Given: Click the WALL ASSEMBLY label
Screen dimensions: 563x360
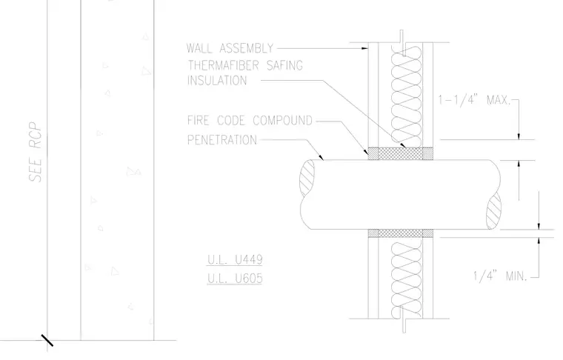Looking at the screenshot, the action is (x=230, y=48).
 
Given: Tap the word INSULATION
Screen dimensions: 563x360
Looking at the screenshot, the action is (x=217, y=81).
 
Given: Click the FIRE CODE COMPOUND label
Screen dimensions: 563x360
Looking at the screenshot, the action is (x=250, y=120).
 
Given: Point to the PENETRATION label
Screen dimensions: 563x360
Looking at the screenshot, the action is (x=222, y=139).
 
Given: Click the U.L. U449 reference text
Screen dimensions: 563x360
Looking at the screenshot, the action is (x=235, y=259).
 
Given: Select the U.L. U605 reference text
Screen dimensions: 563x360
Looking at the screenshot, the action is (x=235, y=279).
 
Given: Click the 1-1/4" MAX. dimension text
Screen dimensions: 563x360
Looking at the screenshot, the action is (x=474, y=99).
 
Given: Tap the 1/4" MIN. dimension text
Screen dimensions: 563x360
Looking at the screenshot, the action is (x=500, y=276).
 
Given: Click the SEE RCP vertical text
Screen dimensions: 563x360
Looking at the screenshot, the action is (x=36, y=152).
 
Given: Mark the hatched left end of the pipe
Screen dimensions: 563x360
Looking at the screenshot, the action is (x=307, y=178).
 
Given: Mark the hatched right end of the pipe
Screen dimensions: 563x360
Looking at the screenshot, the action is (x=493, y=210).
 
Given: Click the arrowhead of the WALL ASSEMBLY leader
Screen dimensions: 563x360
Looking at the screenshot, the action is (x=364, y=47).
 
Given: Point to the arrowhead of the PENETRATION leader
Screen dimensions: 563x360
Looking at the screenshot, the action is (x=321, y=157).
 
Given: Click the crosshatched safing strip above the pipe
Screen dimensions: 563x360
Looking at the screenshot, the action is (x=400, y=153).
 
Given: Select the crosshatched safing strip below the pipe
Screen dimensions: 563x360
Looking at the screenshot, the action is (x=400, y=233).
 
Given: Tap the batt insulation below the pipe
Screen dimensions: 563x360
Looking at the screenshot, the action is (x=406, y=279).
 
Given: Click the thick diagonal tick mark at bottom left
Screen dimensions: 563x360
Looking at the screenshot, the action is (x=47, y=341).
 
